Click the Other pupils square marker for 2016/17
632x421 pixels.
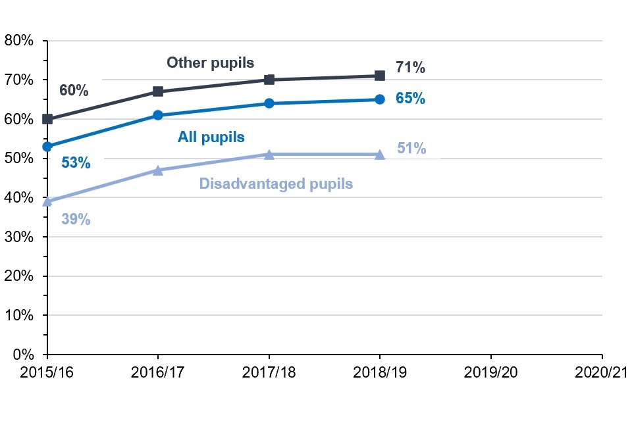tap(158, 91)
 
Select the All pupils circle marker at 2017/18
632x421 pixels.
tap(269, 103)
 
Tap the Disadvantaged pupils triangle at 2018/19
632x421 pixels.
tap(380, 154)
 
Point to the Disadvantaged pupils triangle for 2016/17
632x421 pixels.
tap(158, 170)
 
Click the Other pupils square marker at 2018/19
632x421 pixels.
tap(380, 76)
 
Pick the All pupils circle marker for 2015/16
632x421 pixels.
tap(47, 147)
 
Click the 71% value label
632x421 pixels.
tap(410, 68)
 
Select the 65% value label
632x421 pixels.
tap(410, 99)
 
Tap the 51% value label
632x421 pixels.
tap(411, 149)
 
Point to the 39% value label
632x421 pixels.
tap(76, 220)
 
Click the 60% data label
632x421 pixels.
tap(74, 91)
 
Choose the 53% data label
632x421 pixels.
tap(76, 162)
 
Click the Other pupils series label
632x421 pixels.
tap(210, 62)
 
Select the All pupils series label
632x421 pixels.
tap(211, 137)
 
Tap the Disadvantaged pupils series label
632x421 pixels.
tap(276, 184)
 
